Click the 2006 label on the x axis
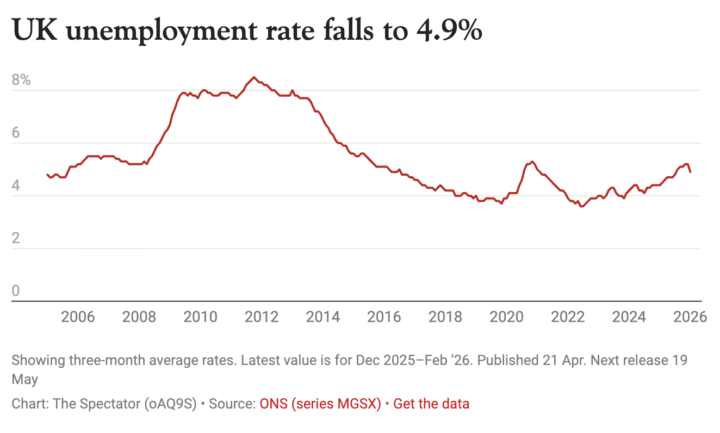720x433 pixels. [x=78, y=317]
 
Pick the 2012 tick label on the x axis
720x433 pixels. [x=262, y=317]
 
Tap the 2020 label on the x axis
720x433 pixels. [x=506, y=317]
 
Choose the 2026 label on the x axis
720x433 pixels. [x=690, y=317]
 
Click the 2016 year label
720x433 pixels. [x=384, y=317]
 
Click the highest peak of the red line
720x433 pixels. [x=254, y=77]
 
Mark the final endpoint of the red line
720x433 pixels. [x=690, y=172]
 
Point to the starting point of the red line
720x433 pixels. [x=47, y=175]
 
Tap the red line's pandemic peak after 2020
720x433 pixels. [x=532, y=162]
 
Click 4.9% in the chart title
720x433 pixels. [x=449, y=31]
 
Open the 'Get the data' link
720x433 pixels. [x=431, y=404]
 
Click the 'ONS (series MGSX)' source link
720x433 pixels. [x=320, y=404]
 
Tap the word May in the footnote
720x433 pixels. [x=24, y=379]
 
